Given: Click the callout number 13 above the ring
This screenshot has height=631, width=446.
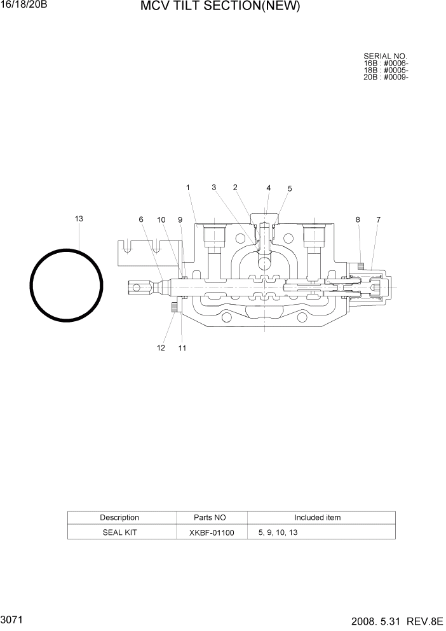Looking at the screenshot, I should pyautogui.click(x=79, y=219).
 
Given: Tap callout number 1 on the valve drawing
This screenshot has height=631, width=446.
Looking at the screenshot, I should pyautogui.click(x=188, y=188).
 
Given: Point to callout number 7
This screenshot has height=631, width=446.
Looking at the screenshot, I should pyautogui.click(x=378, y=219).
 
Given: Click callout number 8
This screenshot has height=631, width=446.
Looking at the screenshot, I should pyautogui.click(x=358, y=219).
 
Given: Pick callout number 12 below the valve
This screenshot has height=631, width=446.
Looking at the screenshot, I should pyautogui.click(x=161, y=348).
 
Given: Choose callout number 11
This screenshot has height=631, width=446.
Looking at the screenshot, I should pyautogui.click(x=182, y=348).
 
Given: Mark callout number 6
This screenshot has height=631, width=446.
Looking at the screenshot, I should pyautogui.click(x=141, y=219).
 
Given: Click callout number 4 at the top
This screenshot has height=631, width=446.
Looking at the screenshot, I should pyautogui.click(x=268, y=188).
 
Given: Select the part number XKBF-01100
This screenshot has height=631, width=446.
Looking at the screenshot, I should pyautogui.click(x=211, y=532).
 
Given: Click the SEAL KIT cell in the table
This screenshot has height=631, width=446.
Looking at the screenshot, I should pyautogui.click(x=119, y=532).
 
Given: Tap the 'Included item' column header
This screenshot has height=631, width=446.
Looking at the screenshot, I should pyautogui.click(x=317, y=518).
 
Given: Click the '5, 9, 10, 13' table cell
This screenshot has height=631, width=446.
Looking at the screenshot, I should pyautogui.click(x=278, y=532).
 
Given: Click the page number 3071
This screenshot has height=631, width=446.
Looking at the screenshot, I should pyautogui.click(x=13, y=618).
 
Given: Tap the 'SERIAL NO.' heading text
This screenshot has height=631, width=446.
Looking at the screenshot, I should pyautogui.click(x=385, y=57).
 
